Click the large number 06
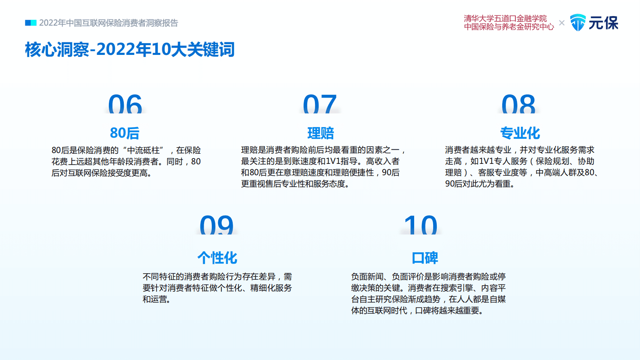[125, 104]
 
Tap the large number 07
[320, 104]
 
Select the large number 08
[518, 104]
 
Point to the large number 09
[217, 225]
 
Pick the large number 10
[421, 225]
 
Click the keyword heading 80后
[125, 133]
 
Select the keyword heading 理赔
[321, 133]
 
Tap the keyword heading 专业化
[520, 133]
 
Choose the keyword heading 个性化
[217, 257]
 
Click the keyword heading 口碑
[425, 257]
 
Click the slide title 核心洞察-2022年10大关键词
[130, 49]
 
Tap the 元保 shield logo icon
[577, 23]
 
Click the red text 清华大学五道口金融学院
[505, 19]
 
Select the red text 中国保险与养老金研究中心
[509, 27]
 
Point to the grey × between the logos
[562, 23]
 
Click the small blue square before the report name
[31, 23]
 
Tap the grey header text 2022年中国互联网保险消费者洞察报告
[108, 23]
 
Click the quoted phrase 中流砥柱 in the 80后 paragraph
[143, 150]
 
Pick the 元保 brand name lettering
[603, 23]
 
